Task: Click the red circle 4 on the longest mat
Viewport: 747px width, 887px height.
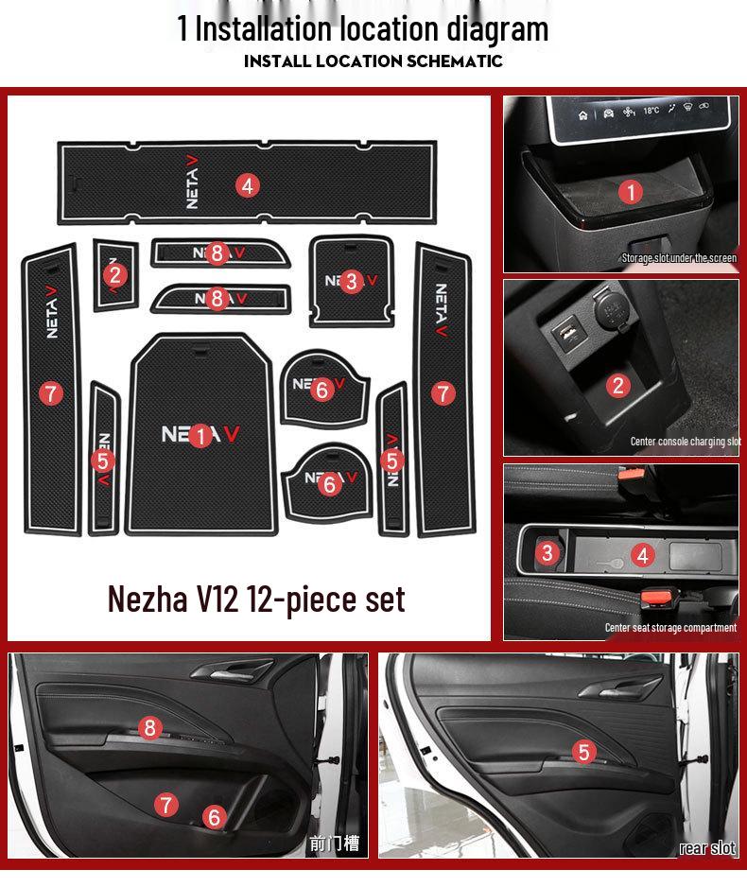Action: coord(248,185)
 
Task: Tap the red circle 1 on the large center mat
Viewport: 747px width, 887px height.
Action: coord(200,436)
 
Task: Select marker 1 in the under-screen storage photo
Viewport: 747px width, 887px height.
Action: coord(631,193)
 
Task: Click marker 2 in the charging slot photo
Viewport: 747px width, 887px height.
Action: coord(618,385)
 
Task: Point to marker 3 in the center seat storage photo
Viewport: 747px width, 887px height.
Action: coord(547,553)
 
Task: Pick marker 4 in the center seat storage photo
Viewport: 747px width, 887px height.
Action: coord(643,555)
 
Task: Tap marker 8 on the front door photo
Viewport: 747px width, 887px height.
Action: coord(149,727)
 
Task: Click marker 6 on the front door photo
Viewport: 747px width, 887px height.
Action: coord(215,817)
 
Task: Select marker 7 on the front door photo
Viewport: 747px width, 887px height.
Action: coord(166,805)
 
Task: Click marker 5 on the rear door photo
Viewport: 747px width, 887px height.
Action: coord(584,752)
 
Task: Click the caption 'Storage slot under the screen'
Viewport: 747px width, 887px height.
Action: coord(678,258)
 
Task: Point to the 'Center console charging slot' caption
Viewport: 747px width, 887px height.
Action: coord(685,442)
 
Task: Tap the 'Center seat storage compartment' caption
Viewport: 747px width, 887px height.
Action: coord(670,628)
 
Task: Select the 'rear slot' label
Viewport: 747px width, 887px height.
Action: coord(706,848)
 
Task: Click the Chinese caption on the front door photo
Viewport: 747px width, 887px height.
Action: coord(335,844)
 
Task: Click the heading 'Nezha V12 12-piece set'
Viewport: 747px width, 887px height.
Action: coord(256,598)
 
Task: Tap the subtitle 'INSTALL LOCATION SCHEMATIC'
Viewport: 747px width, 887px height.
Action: coord(373,61)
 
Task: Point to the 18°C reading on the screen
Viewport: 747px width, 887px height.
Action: coord(651,111)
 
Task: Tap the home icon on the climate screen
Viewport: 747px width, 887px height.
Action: coord(583,115)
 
